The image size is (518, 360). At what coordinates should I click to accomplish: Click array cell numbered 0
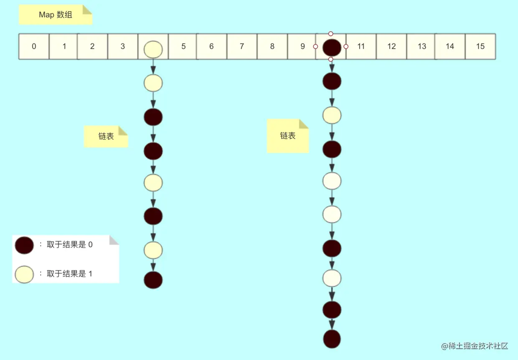tap(34, 46)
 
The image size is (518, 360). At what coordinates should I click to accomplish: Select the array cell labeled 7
tap(242, 46)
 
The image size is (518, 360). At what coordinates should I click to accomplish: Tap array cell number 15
tap(480, 46)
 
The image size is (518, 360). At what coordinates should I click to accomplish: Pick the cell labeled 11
tap(361, 46)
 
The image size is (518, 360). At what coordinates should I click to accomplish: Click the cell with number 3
tap(122, 46)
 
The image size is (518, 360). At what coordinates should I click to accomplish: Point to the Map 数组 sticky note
tap(56, 15)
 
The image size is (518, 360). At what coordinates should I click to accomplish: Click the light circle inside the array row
tap(153, 49)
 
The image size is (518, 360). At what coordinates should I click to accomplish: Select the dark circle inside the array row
tap(332, 47)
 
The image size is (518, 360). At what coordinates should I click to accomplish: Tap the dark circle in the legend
tap(24, 246)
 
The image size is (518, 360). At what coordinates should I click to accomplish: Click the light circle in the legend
tap(24, 274)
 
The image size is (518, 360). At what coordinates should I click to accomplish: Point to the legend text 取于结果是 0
tap(70, 245)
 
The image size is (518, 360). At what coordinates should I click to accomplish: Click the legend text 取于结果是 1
tap(70, 274)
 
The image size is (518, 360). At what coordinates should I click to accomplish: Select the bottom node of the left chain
tap(153, 280)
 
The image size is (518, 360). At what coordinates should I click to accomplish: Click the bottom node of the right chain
tap(332, 339)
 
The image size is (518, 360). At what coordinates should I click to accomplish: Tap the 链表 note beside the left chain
tap(106, 137)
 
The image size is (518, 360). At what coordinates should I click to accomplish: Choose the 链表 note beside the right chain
tap(288, 136)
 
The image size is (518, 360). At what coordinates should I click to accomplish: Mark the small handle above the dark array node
tap(331, 33)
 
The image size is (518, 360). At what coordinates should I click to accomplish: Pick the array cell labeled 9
tap(302, 46)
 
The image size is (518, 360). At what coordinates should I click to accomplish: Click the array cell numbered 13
tap(422, 46)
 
